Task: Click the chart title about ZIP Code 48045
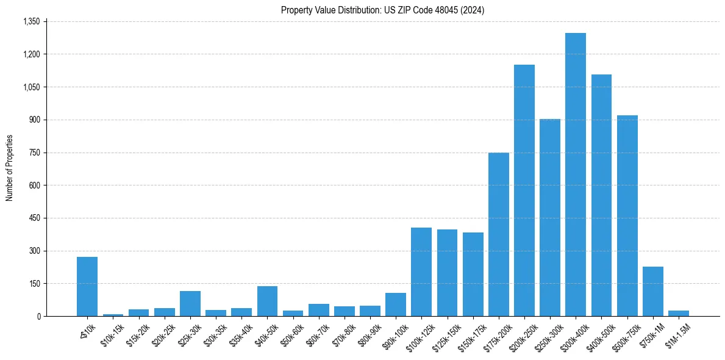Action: pos(382,10)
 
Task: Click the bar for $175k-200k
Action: pos(498,234)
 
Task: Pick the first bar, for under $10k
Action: pos(87,287)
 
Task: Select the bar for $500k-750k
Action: pos(627,216)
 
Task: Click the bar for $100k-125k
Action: pos(421,272)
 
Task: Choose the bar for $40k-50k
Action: pos(267,301)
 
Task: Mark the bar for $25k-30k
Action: pos(190,304)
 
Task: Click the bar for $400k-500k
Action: pos(601,195)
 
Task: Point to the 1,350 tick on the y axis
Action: pos(31,21)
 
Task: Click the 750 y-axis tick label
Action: pos(34,153)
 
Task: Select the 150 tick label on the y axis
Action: pos(34,284)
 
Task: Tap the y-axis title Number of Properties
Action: pos(10,168)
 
